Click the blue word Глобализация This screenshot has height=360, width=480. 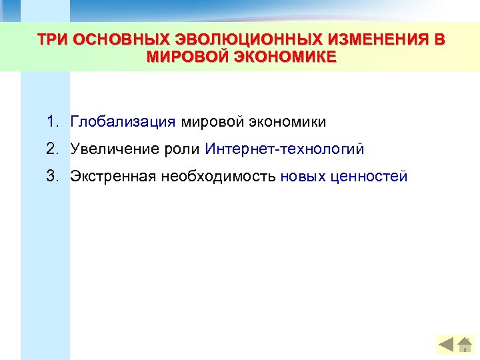pos(123,122)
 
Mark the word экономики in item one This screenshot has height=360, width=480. pos(287,122)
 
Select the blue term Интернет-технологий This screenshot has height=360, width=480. pos(285,149)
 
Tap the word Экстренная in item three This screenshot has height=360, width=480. pos(113,176)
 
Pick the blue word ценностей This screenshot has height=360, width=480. pos(369,176)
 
